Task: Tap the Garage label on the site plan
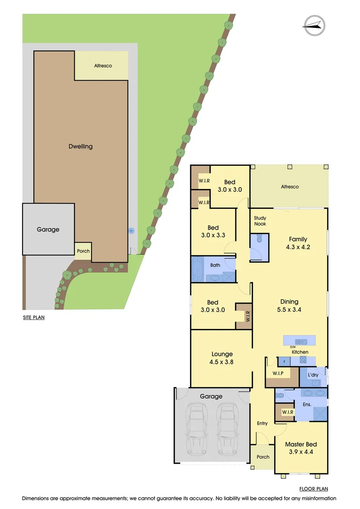[48, 230]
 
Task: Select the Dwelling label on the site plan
[81, 147]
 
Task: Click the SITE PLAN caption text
[33, 318]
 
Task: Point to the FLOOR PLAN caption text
[313, 489]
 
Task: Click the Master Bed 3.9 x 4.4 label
[301, 448]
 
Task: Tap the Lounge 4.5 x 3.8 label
[222, 358]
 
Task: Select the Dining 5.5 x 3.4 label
[289, 305]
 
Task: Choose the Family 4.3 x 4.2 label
[298, 243]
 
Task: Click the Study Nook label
[260, 221]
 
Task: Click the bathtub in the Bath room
[197, 269]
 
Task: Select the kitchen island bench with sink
[299, 340]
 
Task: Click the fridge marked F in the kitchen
[284, 361]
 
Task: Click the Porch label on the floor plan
[263, 457]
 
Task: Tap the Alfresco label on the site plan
[103, 66]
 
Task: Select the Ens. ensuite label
[307, 404]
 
